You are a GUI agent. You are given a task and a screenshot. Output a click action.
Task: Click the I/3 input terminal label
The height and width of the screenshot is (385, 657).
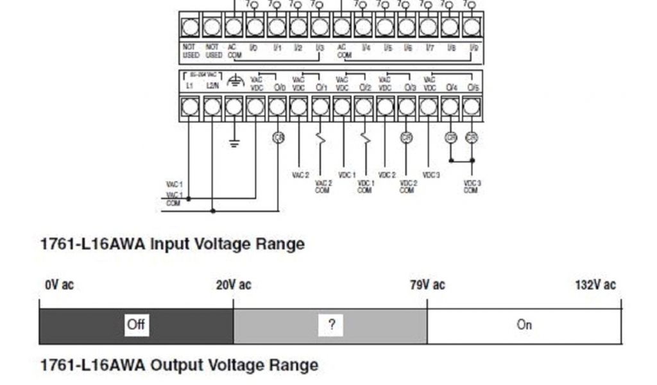(320, 48)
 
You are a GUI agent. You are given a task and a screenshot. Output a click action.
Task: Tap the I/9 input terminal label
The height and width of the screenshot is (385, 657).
(473, 48)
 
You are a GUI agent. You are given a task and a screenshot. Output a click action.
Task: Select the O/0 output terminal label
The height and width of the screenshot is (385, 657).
(279, 87)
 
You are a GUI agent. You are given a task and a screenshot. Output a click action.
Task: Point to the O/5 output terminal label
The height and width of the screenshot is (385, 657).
(473, 87)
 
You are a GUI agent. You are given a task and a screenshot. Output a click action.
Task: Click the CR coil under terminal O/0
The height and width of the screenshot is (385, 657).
(278, 137)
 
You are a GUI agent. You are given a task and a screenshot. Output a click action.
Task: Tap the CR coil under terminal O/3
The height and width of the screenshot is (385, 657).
(406, 137)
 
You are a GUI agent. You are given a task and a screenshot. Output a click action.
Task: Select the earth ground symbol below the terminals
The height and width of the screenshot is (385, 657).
(235, 142)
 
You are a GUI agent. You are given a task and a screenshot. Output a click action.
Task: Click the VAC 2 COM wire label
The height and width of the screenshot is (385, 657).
(323, 187)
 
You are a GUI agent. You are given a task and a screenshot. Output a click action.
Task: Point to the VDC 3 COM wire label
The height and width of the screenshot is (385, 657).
(472, 187)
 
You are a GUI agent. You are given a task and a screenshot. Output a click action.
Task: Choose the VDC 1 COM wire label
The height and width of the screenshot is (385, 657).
(364, 187)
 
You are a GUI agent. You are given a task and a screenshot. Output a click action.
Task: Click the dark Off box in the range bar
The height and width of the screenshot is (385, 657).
(135, 325)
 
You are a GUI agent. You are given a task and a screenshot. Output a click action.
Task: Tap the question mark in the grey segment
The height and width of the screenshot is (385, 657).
(331, 325)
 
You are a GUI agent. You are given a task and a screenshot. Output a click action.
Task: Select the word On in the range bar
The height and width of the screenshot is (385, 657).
(524, 325)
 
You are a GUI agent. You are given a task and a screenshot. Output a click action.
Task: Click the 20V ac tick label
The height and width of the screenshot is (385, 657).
(234, 285)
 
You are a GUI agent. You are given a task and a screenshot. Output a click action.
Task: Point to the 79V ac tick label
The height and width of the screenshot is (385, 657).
(427, 285)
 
